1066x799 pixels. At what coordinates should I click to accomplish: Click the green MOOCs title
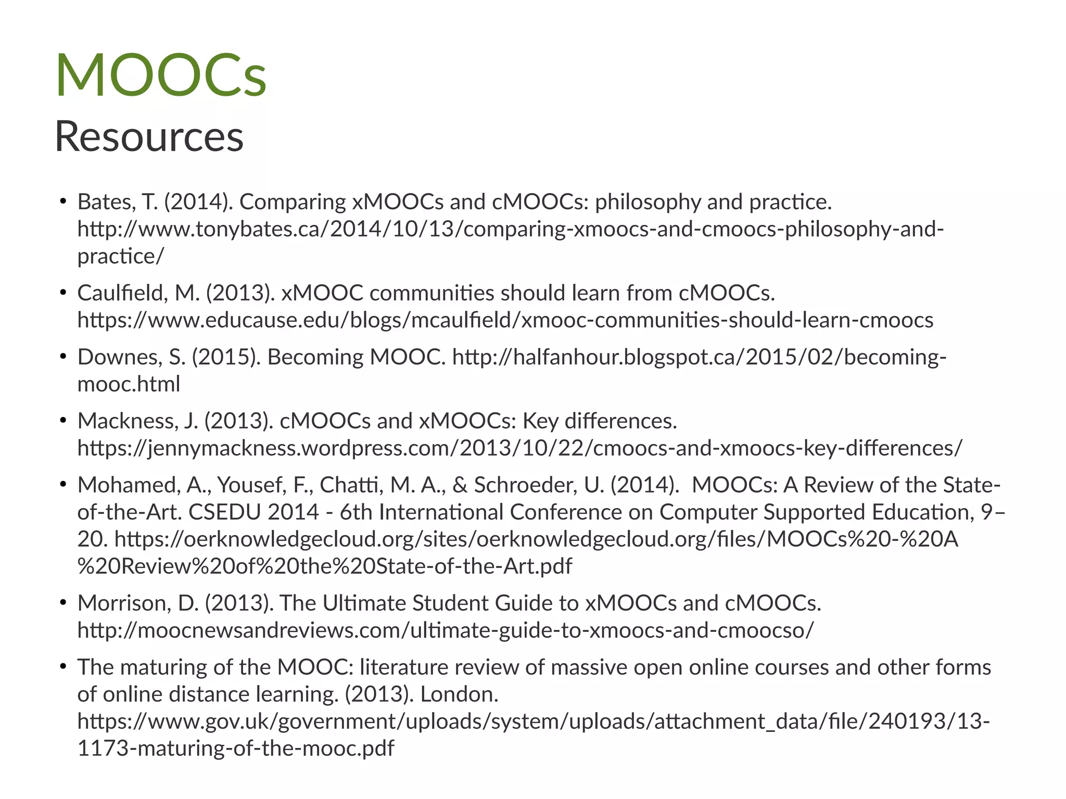coord(161,75)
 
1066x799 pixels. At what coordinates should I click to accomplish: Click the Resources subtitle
coord(149,136)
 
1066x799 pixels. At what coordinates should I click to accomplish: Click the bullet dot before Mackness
coord(63,420)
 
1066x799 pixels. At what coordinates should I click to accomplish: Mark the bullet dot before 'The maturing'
coord(63,666)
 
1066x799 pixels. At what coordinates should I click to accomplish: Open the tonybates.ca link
coord(510,229)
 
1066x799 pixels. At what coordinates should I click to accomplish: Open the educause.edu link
coord(505,320)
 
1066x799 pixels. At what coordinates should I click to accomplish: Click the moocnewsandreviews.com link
coord(445,630)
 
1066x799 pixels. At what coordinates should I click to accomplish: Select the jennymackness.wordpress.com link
coord(519,448)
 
